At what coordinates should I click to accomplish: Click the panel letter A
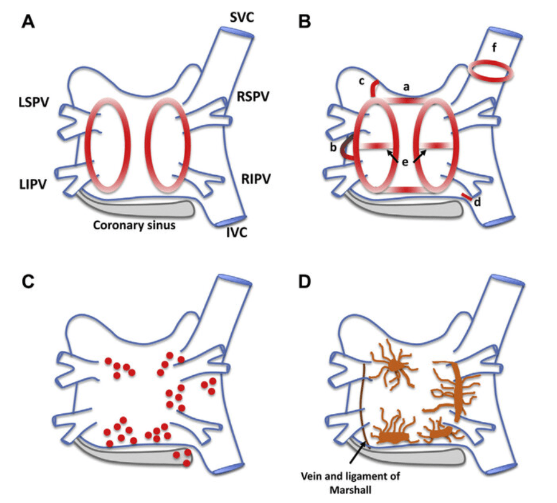pyautogui.click(x=29, y=22)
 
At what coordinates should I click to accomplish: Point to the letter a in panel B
pyautogui.click(x=407, y=88)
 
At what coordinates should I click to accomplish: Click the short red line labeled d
pyautogui.click(x=467, y=197)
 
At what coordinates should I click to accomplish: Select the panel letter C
pyautogui.click(x=29, y=283)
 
